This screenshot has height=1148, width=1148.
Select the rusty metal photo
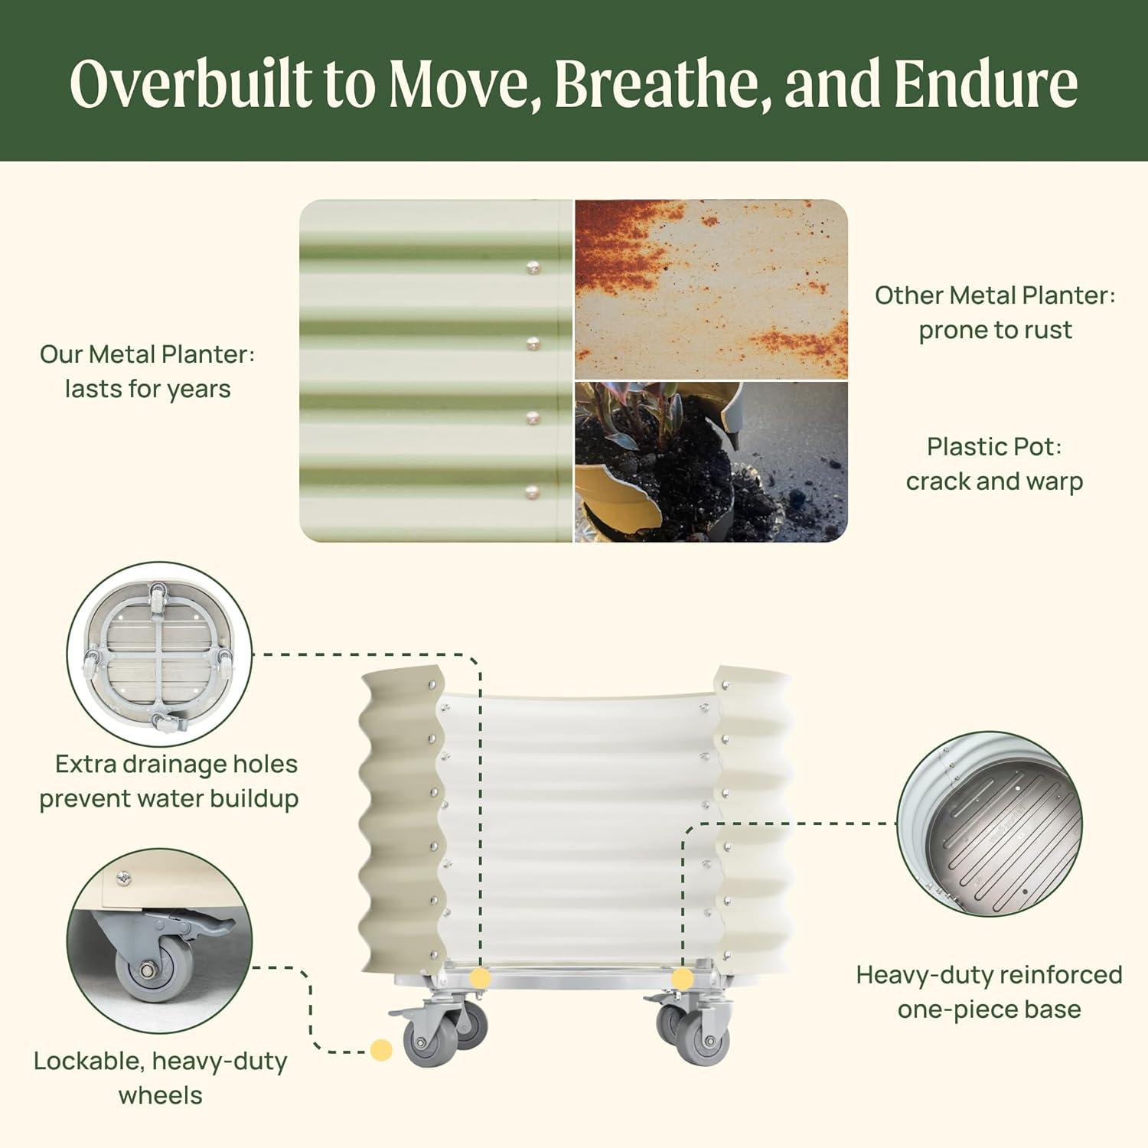pos(711,289)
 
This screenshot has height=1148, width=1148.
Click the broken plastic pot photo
pos(711,462)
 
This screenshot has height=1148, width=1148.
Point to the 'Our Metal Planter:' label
pos(147,354)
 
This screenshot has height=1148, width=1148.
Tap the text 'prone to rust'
pos(995,330)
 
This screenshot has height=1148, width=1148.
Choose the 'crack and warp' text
pos(994,481)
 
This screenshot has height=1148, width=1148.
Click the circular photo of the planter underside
pos(160,654)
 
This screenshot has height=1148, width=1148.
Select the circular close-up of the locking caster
pos(160,941)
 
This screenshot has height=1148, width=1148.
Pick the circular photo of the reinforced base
pos(990,823)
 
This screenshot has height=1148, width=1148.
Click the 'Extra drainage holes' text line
pos(176,764)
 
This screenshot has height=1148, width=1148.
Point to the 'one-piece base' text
pos(989,1009)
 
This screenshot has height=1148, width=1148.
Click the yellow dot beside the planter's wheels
pos(381,1049)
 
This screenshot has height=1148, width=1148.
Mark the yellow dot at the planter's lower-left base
pos(480,978)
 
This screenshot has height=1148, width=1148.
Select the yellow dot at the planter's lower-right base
pos(683,978)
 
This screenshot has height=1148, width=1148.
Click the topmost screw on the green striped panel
pos(533,268)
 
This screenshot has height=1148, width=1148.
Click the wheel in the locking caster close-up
pos(146,970)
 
